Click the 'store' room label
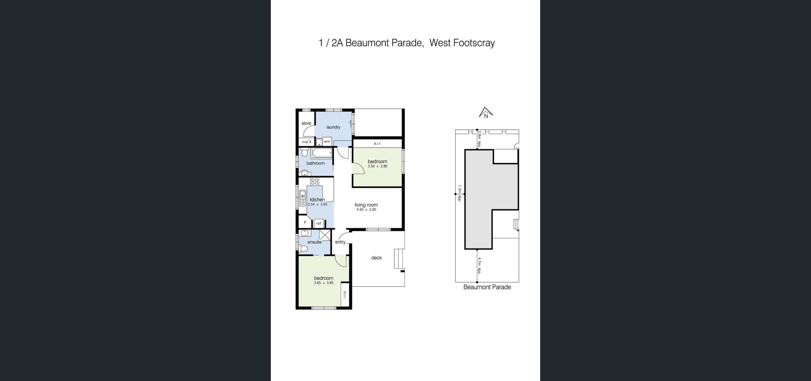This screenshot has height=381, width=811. (x=306, y=123)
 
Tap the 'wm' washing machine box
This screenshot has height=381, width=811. (x=327, y=142)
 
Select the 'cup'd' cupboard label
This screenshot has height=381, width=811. (x=307, y=142)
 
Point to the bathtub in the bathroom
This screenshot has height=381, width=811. (x=322, y=153)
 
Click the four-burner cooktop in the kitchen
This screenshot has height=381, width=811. (x=315, y=181)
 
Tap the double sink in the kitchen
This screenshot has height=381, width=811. (x=303, y=198)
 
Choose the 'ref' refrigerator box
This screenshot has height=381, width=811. (x=319, y=223)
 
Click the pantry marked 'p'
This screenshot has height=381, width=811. (x=305, y=222)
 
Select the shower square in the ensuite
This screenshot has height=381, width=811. (x=325, y=235)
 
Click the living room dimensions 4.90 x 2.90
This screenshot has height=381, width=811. (x=366, y=210)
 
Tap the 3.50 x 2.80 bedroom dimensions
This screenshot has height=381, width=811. (x=377, y=166)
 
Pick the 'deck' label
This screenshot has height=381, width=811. (x=376, y=258)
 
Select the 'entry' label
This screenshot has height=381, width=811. (x=340, y=242)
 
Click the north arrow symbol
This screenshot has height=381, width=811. (x=486, y=112)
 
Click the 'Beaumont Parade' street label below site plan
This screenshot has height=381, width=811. (x=487, y=287)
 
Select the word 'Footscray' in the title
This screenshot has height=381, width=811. (x=474, y=43)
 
